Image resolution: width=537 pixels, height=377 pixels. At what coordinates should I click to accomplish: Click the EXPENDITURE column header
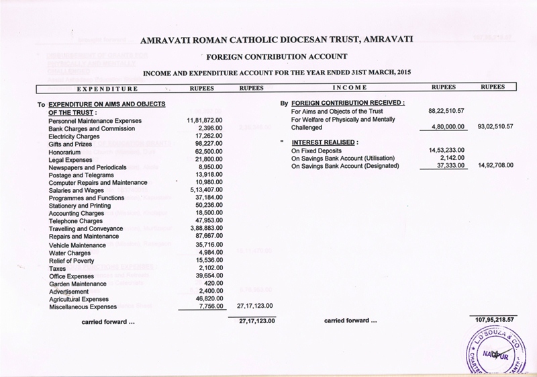[107, 88]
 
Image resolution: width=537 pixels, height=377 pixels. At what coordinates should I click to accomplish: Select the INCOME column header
[349, 88]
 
